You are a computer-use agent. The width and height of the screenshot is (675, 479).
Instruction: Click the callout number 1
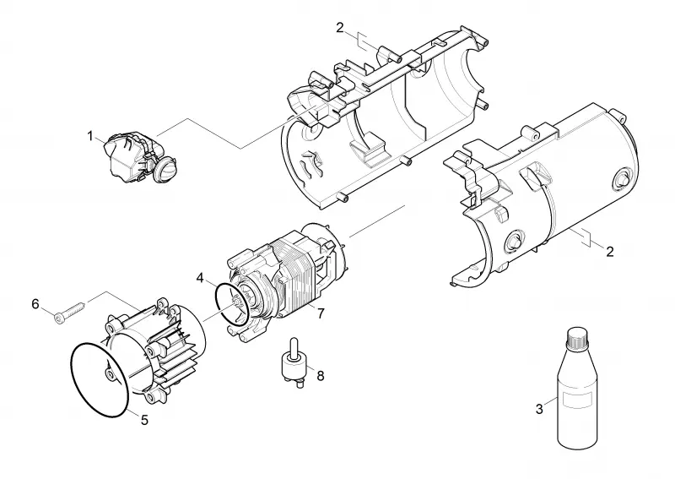[90, 136]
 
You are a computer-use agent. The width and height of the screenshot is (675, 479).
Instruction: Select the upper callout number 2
[340, 28]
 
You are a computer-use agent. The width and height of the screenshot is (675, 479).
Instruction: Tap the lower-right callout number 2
[609, 251]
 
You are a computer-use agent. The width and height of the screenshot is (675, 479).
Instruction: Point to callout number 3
[539, 409]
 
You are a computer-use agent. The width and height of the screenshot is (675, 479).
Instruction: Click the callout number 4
[200, 278]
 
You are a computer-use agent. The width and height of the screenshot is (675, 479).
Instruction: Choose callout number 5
[144, 420]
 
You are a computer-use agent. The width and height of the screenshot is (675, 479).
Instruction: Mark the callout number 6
[35, 304]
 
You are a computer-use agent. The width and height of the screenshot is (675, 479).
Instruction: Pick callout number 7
[321, 313]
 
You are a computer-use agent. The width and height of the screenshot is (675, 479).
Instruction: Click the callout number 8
[321, 376]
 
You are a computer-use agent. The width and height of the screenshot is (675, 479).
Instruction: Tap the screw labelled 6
[70, 312]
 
